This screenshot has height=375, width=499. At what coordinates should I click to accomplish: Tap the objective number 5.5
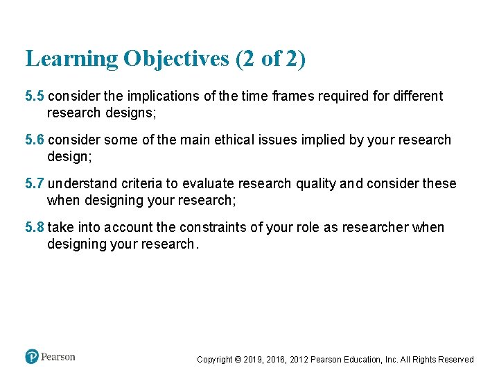(35, 96)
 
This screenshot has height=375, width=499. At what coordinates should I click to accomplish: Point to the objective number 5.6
(35, 140)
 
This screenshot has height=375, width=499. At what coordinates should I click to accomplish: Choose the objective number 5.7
(35, 184)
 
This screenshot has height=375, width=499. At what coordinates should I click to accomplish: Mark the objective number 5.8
(35, 228)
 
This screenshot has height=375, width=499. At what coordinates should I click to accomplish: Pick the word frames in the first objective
(295, 96)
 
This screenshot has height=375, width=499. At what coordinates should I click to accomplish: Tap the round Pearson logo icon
(32, 357)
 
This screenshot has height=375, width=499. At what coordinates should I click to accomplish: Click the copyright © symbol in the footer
(238, 360)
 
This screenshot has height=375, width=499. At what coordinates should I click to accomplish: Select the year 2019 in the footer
(253, 360)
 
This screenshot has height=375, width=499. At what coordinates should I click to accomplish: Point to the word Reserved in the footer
(456, 360)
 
